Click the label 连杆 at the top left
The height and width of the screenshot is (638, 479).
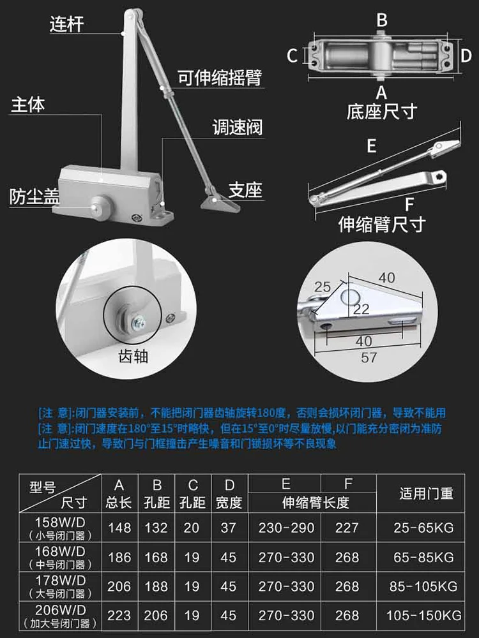(67, 24)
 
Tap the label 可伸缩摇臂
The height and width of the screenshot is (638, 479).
(220, 77)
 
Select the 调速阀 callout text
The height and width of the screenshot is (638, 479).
(238, 128)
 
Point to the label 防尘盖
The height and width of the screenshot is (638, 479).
(35, 196)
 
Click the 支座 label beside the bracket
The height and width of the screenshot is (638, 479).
(245, 190)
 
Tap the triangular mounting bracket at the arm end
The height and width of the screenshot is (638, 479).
(220, 202)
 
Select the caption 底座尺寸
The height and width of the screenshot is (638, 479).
(382, 111)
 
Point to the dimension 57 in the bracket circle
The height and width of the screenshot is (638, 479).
(369, 358)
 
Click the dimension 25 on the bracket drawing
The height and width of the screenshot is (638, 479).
(322, 287)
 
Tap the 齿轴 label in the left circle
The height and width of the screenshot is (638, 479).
(133, 357)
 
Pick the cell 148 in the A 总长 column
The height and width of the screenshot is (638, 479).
(119, 528)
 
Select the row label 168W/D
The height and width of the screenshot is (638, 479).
(60, 551)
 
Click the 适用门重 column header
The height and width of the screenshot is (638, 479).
(426, 493)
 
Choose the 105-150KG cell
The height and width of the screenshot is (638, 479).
(423, 615)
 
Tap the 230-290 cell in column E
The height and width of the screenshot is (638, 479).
(286, 528)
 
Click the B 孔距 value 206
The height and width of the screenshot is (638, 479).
(156, 615)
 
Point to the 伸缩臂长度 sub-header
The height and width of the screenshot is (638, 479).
(316, 503)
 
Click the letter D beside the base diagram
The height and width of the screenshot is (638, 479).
(466, 56)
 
